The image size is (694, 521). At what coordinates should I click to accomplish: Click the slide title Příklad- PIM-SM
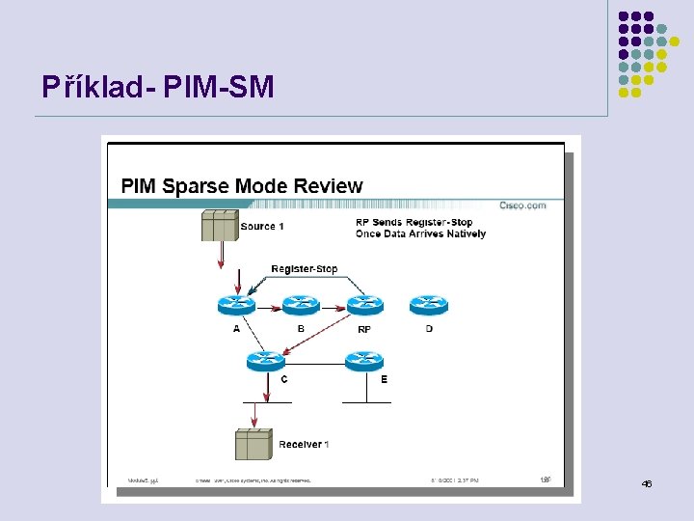(158, 88)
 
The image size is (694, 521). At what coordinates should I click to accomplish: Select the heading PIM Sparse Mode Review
(241, 186)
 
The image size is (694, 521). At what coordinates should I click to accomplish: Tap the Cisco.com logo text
(522, 205)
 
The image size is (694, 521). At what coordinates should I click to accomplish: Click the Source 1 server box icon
(220, 226)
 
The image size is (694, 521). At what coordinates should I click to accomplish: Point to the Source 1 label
(262, 227)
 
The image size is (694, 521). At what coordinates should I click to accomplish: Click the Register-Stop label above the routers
(304, 268)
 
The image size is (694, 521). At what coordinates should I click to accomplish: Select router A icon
(237, 306)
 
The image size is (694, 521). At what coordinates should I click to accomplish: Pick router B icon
(300, 306)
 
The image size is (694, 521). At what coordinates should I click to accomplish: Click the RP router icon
(364, 306)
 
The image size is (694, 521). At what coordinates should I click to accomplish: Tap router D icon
(428, 306)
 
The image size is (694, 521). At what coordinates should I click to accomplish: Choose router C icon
(265, 361)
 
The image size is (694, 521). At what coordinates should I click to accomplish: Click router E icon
(364, 361)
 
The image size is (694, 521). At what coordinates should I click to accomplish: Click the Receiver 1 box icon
(254, 445)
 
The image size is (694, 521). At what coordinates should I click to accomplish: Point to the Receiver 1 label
(304, 444)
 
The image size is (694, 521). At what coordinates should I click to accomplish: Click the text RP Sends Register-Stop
(414, 223)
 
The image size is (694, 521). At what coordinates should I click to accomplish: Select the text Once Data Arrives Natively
(420, 233)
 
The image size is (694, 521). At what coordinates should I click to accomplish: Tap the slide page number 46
(646, 483)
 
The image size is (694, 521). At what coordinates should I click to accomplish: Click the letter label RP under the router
(364, 329)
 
